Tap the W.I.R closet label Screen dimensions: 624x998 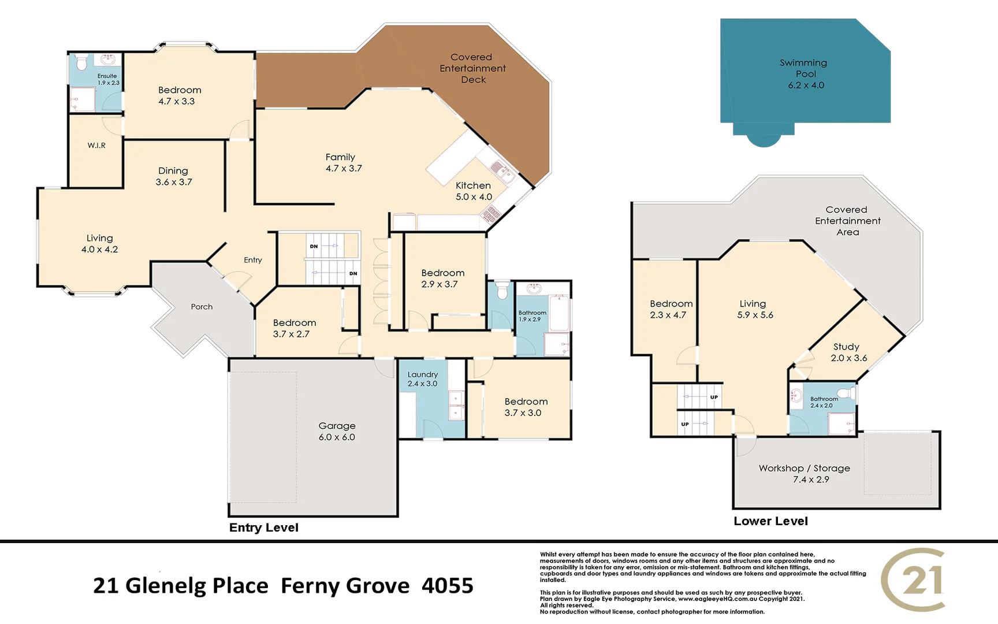tap(96, 146)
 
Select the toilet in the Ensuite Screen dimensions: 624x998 tap(81, 61)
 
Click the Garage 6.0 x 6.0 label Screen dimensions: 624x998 tap(337, 431)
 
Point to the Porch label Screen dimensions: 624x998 tap(202, 307)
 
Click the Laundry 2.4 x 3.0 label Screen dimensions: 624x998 tap(422, 379)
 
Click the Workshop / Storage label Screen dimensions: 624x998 tap(804, 473)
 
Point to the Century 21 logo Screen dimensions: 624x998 tap(914, 580)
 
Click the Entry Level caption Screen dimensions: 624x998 tap(263, 528)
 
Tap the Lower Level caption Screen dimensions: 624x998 tap(770, 521)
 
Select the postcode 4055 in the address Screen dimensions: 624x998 tap(447, 586)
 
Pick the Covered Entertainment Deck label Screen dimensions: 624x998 tap(472, 68)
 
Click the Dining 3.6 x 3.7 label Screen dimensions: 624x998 tap(173, 176)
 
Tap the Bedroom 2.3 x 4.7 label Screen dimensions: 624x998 tap(671, 309)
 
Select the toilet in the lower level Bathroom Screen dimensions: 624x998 tap(847, 393)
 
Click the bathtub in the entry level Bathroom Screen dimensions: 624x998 tap(558, 313)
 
